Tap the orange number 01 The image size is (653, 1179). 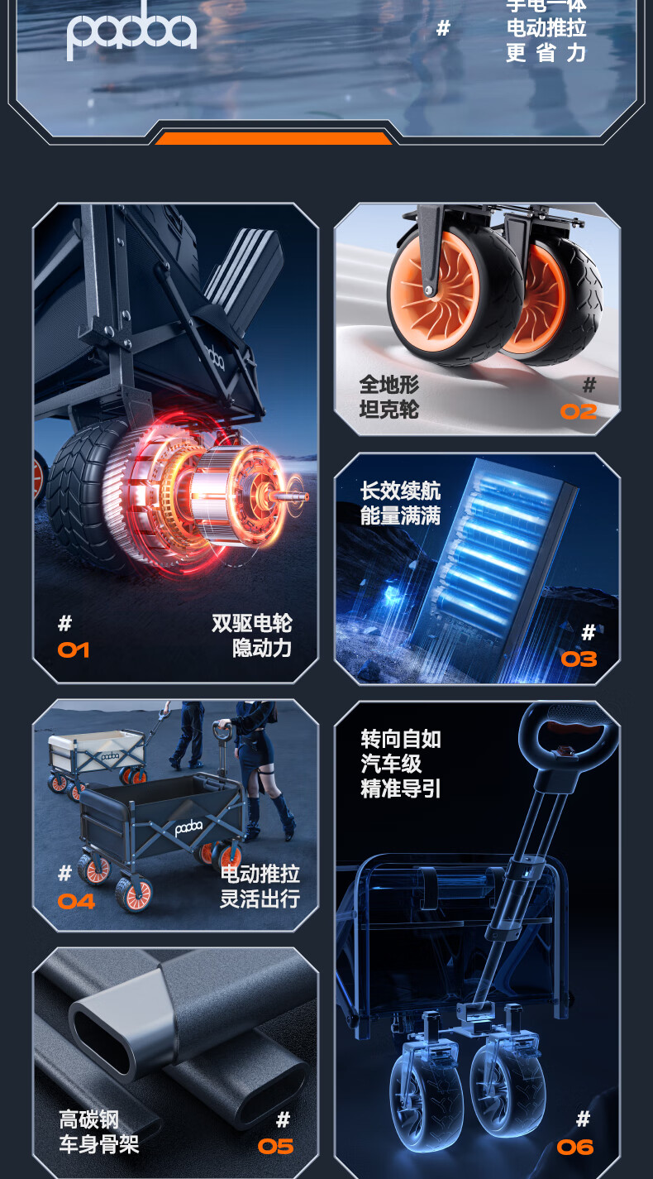pyautogui.click(x=74, y=650)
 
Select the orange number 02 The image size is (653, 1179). pyautogui.click(x=578, y=411)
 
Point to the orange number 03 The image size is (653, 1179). pyautogui.click(x=579, y=659)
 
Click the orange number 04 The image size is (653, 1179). pyautogui.click(x=76, y=901)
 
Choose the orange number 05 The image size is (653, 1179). pyautogui.click(x=275, y=1146)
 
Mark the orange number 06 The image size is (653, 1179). pyautogui.click(x=575, y=1147)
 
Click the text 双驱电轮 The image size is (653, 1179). pyautogui.click(x=251, y=623)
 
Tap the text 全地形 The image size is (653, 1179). pyautogui.click(x=388, y=385)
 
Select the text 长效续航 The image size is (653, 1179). pyautogui.click(x=400, y=491)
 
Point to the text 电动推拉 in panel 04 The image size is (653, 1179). pyautogui.click(x=260, y=874)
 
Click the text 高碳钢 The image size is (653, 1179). pyautogui.click(x=88, y=1120)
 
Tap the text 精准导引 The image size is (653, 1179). pyautogui.click(x=400, y=788)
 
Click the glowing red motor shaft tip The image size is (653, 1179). pyautogui.click(x=298, y=497)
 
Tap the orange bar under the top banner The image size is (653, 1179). pyautogui.click(x=273, y=138)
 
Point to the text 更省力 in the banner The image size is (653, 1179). pyautogui.click(x=546, y=53)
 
